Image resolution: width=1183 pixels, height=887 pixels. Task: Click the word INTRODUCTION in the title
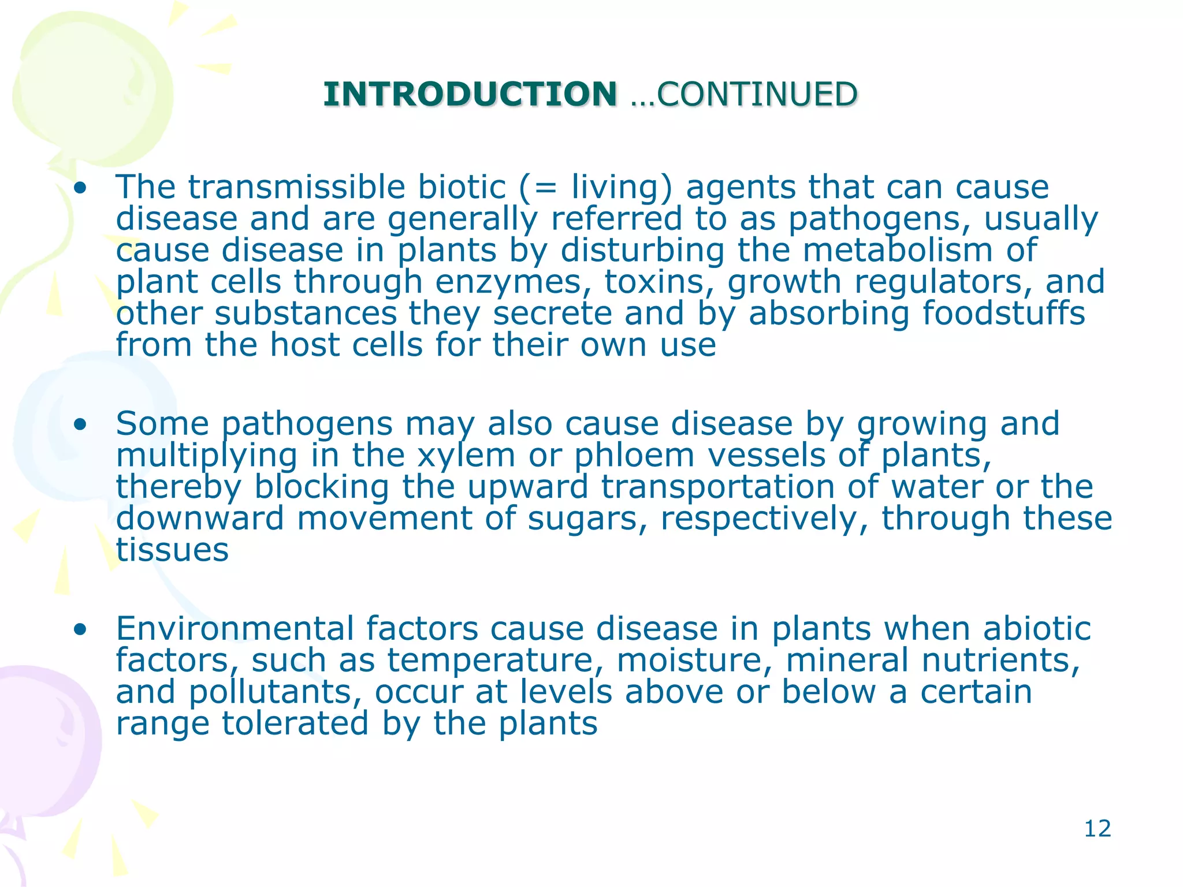point(470,94)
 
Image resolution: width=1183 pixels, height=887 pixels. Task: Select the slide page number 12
point(1097,829)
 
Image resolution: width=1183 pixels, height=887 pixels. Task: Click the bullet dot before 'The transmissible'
point(80,188)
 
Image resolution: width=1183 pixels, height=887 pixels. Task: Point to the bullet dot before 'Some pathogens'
point(80,425)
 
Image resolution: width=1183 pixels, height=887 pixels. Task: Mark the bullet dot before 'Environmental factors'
point(80,629)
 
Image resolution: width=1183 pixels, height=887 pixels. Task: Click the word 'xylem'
point(466,456)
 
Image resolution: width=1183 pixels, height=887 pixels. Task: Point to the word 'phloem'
point(634,456)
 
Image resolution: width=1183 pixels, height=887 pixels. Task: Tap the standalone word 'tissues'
point(172,550)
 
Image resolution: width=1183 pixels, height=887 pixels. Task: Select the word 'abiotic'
point(1037,629)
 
